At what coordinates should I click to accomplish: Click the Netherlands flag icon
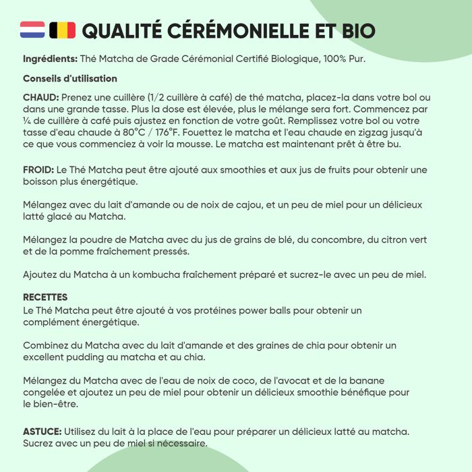pos(33,30)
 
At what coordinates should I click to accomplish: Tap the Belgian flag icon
pos(62,30)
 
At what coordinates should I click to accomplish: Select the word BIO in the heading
pos(355,31)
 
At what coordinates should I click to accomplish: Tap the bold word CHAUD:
pos(41,97)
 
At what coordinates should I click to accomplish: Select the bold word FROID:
pos(39,170)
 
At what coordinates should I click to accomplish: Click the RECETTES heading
pos(45,297)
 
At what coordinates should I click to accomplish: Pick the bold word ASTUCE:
pos(42,431)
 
